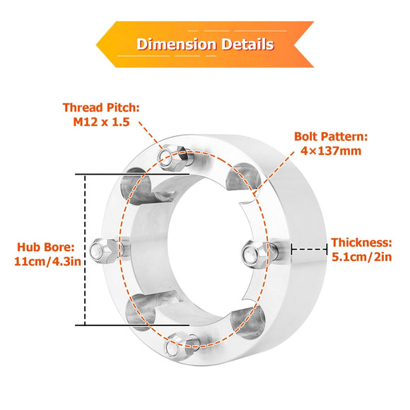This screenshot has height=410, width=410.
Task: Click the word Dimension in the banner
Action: click(177, 45)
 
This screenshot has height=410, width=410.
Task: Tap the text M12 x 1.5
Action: click(101, 122)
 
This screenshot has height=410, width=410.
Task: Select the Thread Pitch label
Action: click(101, 107)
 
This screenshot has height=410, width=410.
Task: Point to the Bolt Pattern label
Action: click(331, 136)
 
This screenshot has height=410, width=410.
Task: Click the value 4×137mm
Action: click(331, 151)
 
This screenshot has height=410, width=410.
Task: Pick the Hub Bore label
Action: click(46, 247)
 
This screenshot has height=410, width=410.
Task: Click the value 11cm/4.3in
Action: click(47, 262)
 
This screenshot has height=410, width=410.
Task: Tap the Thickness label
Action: click(362, 242)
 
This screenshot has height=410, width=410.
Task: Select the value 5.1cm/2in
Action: click(362, 257)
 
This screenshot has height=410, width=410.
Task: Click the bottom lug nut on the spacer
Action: click(182, 345)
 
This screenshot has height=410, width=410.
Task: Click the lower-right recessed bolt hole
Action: click(248, 322)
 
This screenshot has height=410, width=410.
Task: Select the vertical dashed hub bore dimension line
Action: click(85, 250)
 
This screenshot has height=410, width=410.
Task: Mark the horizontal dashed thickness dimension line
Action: click(309, 249)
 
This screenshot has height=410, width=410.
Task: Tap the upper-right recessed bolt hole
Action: click(243, 178)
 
